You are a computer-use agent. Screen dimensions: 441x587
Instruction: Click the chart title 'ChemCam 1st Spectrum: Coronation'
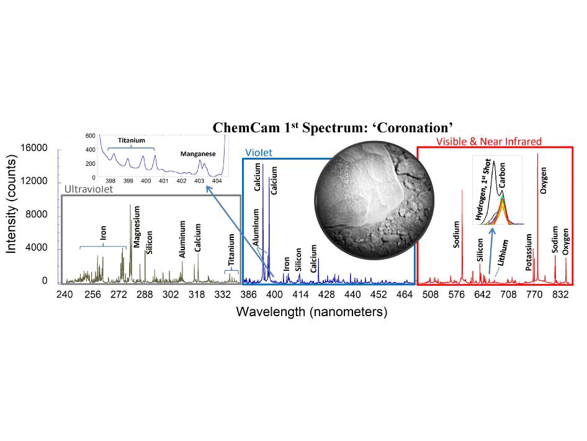(x=329, y=127)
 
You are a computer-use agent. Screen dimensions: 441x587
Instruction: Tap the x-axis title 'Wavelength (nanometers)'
(x=311, y=312)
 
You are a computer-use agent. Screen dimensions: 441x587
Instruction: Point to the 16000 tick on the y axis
(x=34, y=148)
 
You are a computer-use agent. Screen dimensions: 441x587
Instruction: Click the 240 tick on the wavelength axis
(x=65, y=295)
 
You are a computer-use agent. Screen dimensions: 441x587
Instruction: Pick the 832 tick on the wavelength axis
(x=560, y=295)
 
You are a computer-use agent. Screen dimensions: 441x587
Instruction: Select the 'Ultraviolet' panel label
(x=89, y=189)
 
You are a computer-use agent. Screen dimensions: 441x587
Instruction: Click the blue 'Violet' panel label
(x=259, y=152)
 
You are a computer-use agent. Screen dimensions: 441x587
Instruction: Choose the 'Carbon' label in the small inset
(x=502, y=176)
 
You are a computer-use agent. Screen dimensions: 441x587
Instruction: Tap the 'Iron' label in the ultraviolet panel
(x=104, y=233)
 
